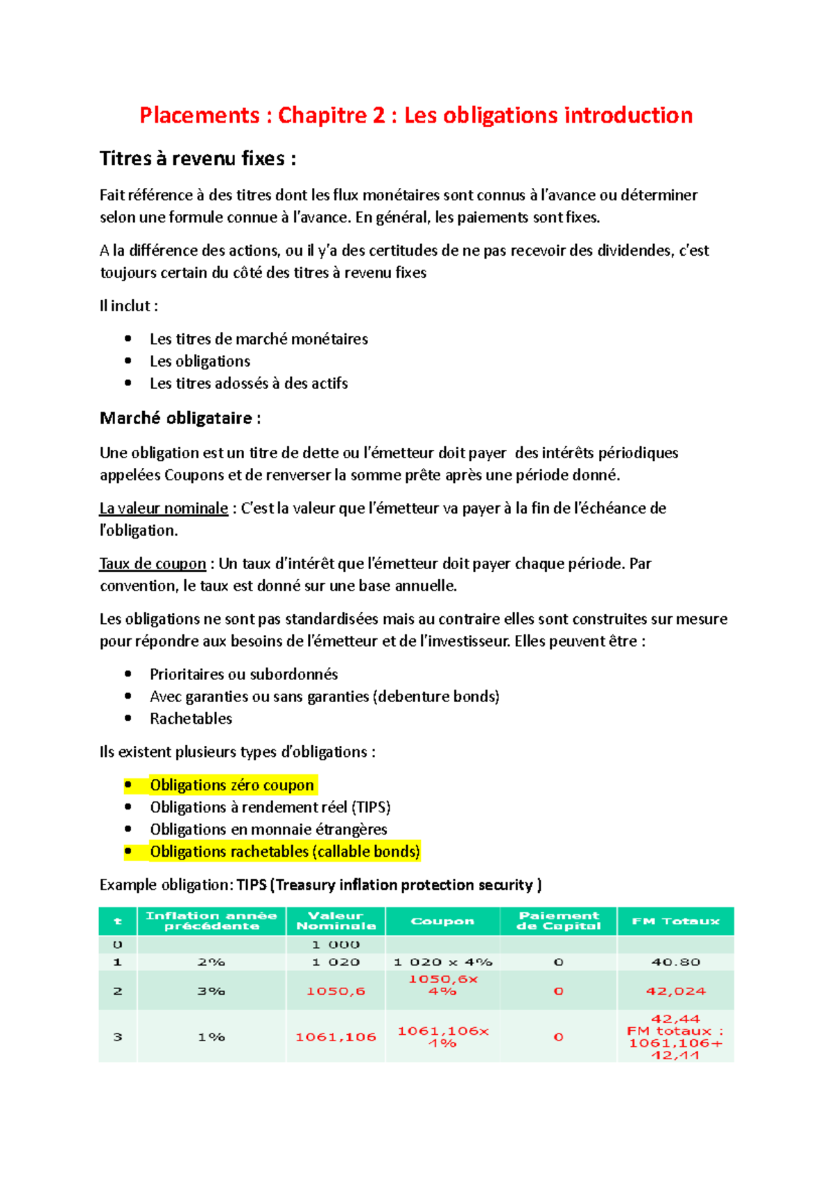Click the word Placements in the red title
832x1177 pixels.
pyautogui.click(x=199, y=115)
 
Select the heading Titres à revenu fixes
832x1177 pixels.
pyautogui.click(x=198, y=159)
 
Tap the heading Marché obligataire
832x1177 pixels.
pyautogui.click(x=180, y=418)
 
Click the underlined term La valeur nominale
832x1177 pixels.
pyautogui.click(x=164, y=508)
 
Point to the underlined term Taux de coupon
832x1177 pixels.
pyautogui.click(x=153, y=564)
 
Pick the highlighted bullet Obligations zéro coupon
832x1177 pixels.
pyautogui.click(x=232, y=785)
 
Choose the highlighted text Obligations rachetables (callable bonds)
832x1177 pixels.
pyautogui.click(x=285, y=852)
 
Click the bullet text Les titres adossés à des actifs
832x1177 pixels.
pyautogui.click(x=248, y=383)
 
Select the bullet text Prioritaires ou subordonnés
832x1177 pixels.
pyautogui.click(x=243, y=674)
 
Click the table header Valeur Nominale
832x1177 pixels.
pyautogui.click(x=336, y=921)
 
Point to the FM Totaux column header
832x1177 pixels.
pyautogui.click(x=675, y=921)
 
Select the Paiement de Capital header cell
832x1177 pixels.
pyautogui.click(x=558, y=921)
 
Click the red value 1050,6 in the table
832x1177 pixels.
pyautogui.click(x=336, y=991)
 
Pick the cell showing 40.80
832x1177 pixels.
pyautogui.click(x=675, y=962)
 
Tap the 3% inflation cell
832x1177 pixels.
pyautogui.click(x=211, y=991)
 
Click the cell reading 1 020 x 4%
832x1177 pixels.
pyautogui.click(x=442, y=962)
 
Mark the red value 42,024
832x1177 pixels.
pyautogui.click(x=675, y=991)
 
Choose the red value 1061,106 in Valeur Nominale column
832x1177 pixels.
pyautogui.click(x=336, y=1037)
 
